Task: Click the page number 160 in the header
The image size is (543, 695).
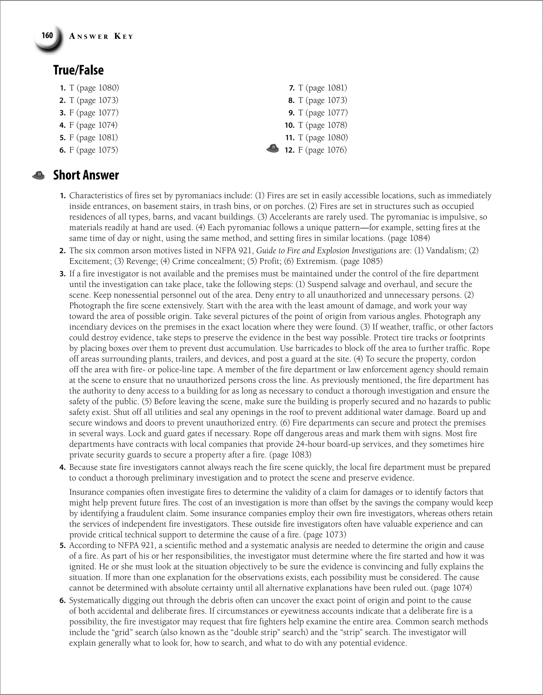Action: tap(47, 35)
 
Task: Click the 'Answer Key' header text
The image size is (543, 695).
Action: tap(101, 37)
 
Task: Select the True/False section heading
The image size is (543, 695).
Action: tap(78, 70)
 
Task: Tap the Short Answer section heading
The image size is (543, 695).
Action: tap(86, 175)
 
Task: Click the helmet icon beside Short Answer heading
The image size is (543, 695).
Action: tap(38, 175)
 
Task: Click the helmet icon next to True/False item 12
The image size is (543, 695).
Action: tap(272, 148)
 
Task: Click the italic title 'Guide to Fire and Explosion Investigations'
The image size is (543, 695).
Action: tap(326, 250)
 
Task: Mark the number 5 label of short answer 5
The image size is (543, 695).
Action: tap(63, 545)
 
